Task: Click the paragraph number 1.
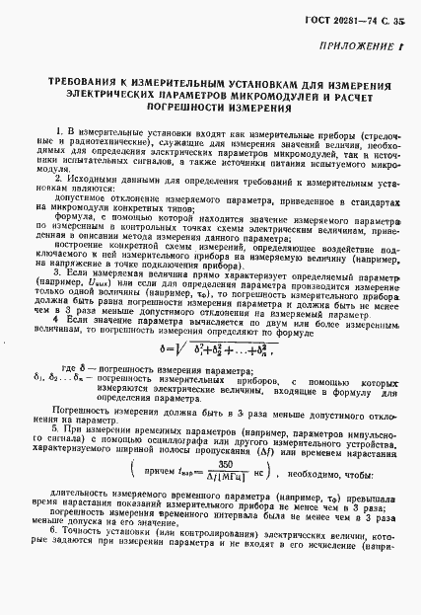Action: (60, 130)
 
